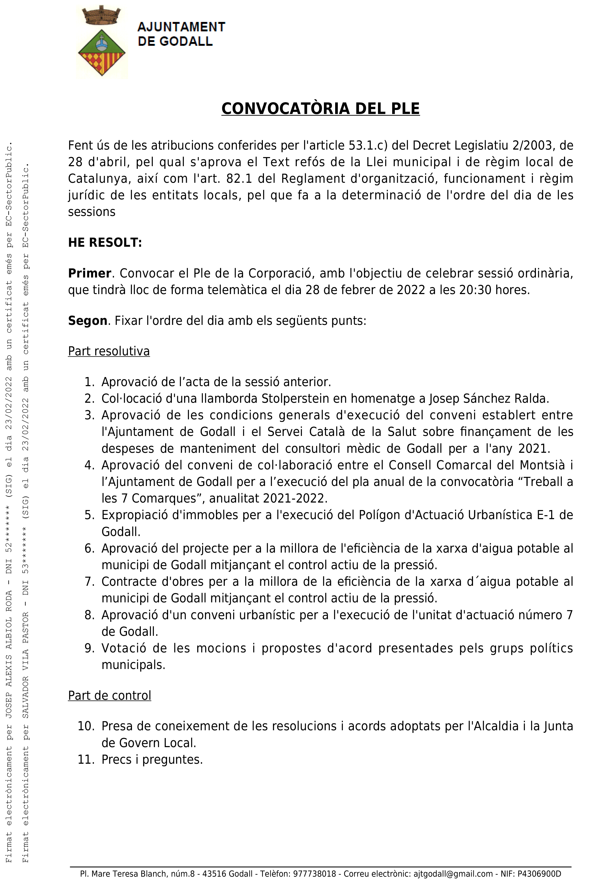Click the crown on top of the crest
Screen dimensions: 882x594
[x=101, y=16]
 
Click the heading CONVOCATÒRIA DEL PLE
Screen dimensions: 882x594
[x=320, y=109]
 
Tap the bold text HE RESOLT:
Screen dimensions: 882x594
[x=105, y=243]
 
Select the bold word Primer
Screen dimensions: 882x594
[x=89, y=273]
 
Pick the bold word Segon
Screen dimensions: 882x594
[x=88, y=321]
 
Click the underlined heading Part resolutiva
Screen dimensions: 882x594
[x=109, y=351]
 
